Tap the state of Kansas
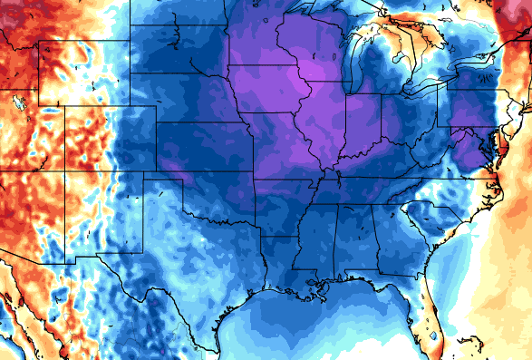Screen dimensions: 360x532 point(204,149)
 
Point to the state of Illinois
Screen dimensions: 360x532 point(326,122)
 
